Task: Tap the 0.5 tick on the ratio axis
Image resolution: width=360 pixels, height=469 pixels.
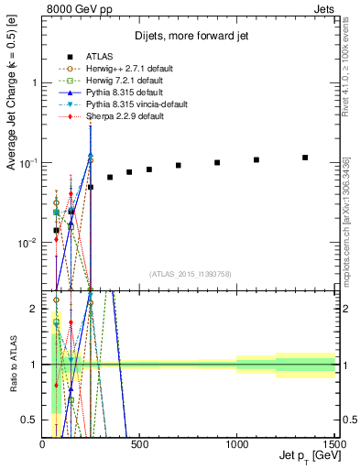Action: [x=31, y=420]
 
